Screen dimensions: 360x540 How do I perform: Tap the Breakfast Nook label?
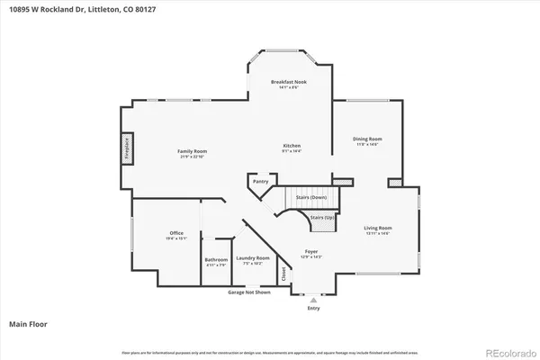pos(291,84)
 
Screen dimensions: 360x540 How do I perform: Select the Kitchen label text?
pos(292,148)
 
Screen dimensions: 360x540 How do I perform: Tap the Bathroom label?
pos(216,263)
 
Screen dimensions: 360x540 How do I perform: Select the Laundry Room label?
pos(253,260)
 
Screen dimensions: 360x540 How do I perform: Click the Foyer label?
pos(310,254)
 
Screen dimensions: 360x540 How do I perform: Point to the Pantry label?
pos(261,181)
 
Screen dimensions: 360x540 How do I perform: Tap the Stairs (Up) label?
pos(322,217)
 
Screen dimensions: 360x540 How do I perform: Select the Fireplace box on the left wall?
pos(127,149)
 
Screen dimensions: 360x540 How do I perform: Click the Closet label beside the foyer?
pos(284,273)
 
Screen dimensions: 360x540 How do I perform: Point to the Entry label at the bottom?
pos(313,308)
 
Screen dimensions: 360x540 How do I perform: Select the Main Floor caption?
pos(28,322)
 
